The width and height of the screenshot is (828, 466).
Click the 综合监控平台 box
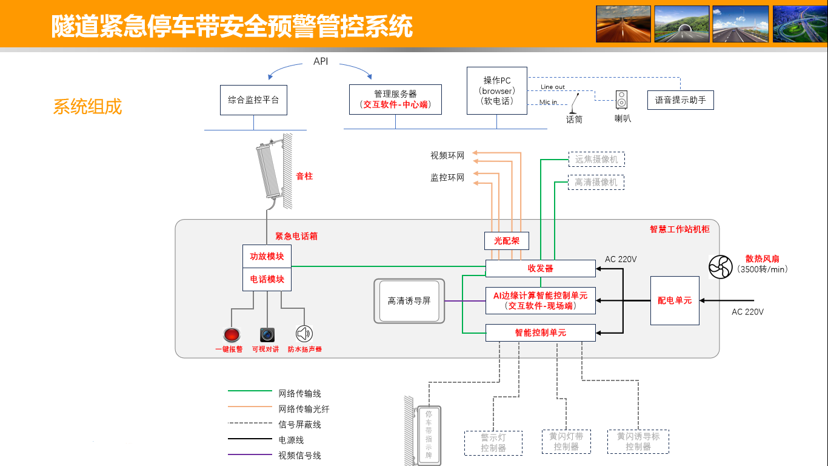click(x=253, y=100)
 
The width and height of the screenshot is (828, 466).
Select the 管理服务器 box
click(x=395, y=100)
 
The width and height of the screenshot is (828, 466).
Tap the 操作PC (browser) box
click(x=497, y=91)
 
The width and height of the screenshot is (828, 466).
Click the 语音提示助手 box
click(x=680, y=100)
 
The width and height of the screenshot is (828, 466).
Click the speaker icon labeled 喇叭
click(x=622, y=100)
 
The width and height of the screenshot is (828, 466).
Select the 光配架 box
click(x=507, y=241)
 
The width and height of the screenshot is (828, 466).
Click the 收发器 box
click(x=540, y=268)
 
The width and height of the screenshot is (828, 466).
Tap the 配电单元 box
click(x=675, y=300)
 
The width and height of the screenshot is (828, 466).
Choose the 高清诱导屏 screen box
click(x=409, y=301)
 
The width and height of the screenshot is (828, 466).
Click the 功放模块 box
click(x=267, y=256)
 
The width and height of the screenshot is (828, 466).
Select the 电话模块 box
click(x=267, y=279)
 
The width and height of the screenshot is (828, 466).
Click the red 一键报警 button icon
click(x=231, y=334)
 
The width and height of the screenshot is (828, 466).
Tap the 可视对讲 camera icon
click(x=267, y=334)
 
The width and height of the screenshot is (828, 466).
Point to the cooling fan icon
click(x=721, y=267)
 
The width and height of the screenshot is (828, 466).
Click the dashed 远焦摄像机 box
click(x=596, y=160)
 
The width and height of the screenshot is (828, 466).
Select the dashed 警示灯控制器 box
click(x=493, y=443)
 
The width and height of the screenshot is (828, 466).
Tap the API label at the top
click(x=321, y=61)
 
